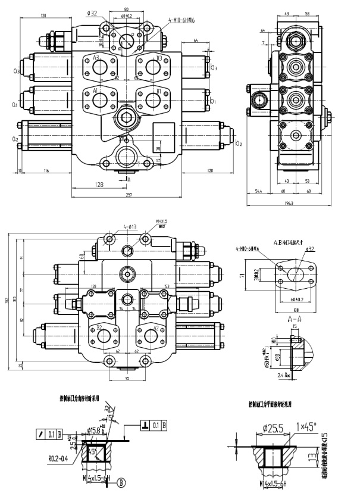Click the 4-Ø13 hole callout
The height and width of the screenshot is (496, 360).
(130, 226)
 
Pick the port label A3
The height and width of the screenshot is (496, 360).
(96, 58)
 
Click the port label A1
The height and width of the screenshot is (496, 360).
(96, 91)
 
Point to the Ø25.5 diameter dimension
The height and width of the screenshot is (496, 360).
(272, 427)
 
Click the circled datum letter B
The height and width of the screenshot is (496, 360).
(122, 482)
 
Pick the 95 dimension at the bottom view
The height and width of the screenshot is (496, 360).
(127, 378)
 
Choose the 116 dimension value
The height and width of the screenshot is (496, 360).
(46, 171)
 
